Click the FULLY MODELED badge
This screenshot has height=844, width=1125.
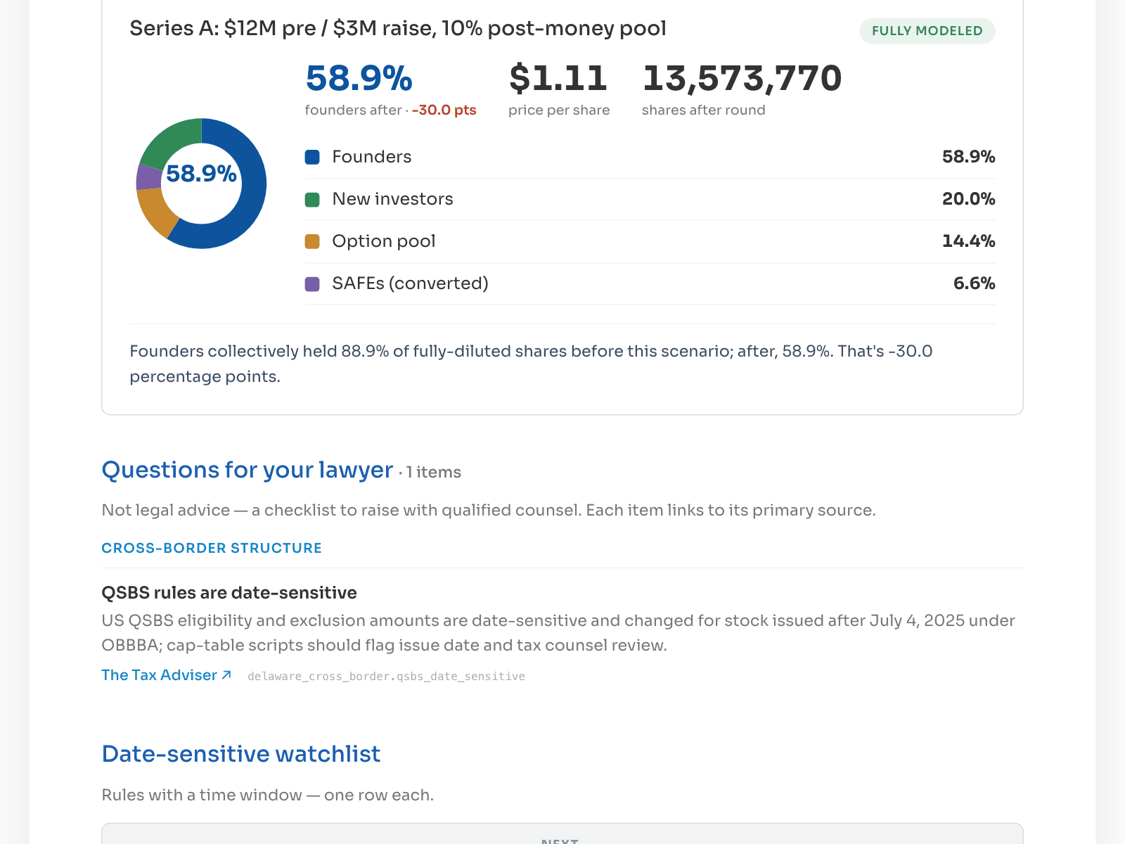pyautogui.click(x=927, y=31)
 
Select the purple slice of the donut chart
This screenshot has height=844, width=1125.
pyautogui.click(x=148, y=177)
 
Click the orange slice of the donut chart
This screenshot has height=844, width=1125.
pyautogui.click(x=156, y=210)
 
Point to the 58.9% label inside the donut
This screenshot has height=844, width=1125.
pyautogui.click(x=201, y=173)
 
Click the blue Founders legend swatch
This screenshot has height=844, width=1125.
pyautogui.click(x=312, y=157)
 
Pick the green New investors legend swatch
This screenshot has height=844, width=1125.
pyautogui.click(x=312, y=199)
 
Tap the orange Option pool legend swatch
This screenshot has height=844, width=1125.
pyautogui.click(x=312, y=241)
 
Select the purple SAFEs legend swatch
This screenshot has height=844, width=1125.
pyautogui.click(x=312, y=284)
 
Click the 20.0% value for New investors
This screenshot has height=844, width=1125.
pyautogui.click(x=968, y=199)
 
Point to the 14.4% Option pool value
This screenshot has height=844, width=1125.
pyautogui.click(x=968, y=241)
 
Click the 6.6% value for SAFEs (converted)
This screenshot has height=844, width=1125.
pyautogui.click(x=974, y=283)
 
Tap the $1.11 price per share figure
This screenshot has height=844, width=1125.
pyautogui.click(x=558, y=78)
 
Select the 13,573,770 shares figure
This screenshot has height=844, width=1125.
pyautogui.click(x=742, y=78)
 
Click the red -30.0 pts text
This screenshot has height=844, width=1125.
pyautogui.click(x=444, y=110)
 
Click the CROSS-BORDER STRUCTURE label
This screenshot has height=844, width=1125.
pyautogui.click(x=212, y=549)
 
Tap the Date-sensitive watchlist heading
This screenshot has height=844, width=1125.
pyautogui.click(x=241, y=754)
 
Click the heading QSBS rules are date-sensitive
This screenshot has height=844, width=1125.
pyautogui.click(x=229, y=592)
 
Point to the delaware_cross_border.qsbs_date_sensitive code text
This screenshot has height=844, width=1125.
pyautogui.click(x=387, y=677)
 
